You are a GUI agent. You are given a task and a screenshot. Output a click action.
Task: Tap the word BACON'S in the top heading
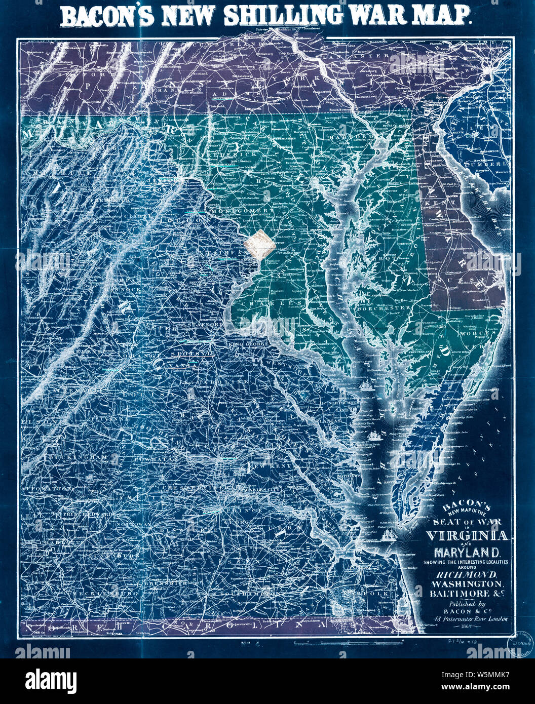tap(107, 17)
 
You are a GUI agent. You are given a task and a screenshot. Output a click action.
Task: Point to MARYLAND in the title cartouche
tap(466, 551)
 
